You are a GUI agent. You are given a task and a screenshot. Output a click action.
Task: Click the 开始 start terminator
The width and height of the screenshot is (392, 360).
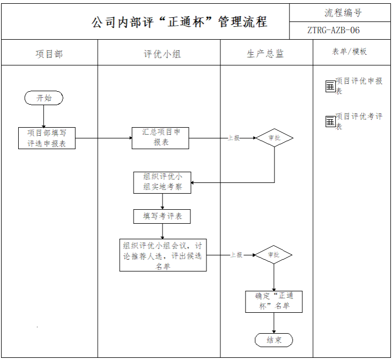pos(43,98)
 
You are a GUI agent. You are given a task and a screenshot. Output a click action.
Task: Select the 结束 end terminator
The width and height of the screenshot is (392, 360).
pos(273,340)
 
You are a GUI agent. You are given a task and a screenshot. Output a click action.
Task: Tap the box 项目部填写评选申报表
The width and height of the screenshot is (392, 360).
pos(47,138)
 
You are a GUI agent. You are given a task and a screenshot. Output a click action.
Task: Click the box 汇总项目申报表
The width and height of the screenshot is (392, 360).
pos(160,138)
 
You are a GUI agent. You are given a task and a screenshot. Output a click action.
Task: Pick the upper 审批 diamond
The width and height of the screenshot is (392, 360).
pos(274,138)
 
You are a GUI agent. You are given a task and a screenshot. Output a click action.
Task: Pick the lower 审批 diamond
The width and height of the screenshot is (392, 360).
pos(273,255)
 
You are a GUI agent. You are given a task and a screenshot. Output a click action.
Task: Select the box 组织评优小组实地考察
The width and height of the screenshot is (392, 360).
pos(162,182)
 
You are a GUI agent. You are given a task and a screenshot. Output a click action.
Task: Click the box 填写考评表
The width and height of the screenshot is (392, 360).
pos(162,216)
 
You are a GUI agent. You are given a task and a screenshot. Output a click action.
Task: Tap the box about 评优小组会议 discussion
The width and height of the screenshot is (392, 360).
pos(162,255)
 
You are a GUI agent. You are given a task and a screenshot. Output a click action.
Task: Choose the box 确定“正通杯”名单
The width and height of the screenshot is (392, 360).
pos(274,302)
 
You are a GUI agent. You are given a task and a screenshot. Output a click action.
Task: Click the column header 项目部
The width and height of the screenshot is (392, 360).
pos(49,54)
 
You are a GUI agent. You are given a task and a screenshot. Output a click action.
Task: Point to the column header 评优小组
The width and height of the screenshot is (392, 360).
pos(159,54)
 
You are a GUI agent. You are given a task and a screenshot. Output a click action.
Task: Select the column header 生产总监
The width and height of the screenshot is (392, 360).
pos(266,54)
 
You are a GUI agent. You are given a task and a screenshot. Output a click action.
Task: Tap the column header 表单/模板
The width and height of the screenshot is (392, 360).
pos(350,52)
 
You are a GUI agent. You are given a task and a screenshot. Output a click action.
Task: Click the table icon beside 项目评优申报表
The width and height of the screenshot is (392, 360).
pos(330,86)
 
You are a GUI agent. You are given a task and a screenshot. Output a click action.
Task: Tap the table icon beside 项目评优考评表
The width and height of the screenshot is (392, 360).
pos(330,121)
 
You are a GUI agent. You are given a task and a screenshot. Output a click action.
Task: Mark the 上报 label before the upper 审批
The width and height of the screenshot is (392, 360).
pos(234,138)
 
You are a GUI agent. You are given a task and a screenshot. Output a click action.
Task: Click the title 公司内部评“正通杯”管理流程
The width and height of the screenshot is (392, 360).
pos(179,22)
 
